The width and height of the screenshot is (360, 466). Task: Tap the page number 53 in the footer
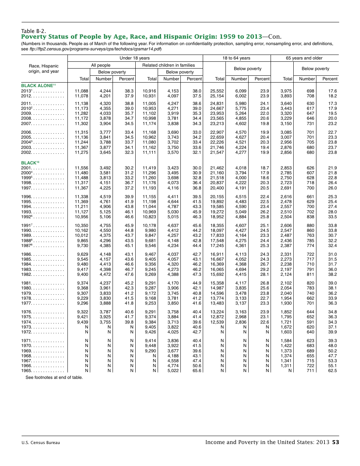pos(335,442)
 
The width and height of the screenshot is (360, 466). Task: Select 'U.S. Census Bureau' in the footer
pos(41,443)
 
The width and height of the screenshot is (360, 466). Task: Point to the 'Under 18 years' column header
pos(135,58)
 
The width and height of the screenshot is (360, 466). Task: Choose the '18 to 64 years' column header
pos(236,58)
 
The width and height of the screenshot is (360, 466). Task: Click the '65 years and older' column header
pos(304,58)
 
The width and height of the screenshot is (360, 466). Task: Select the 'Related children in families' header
pos(168,65)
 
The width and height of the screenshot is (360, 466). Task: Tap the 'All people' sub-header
pos(101,65)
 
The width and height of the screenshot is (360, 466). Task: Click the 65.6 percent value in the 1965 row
pos(197,371)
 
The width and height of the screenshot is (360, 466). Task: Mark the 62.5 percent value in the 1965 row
pos(332,371)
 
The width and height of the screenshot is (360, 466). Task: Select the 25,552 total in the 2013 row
pos(217,91)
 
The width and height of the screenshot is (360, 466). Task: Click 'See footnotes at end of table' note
pos(54,377)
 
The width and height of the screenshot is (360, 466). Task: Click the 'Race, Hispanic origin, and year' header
pos(44,69)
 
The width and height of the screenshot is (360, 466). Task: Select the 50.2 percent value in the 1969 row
pos(332,351)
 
